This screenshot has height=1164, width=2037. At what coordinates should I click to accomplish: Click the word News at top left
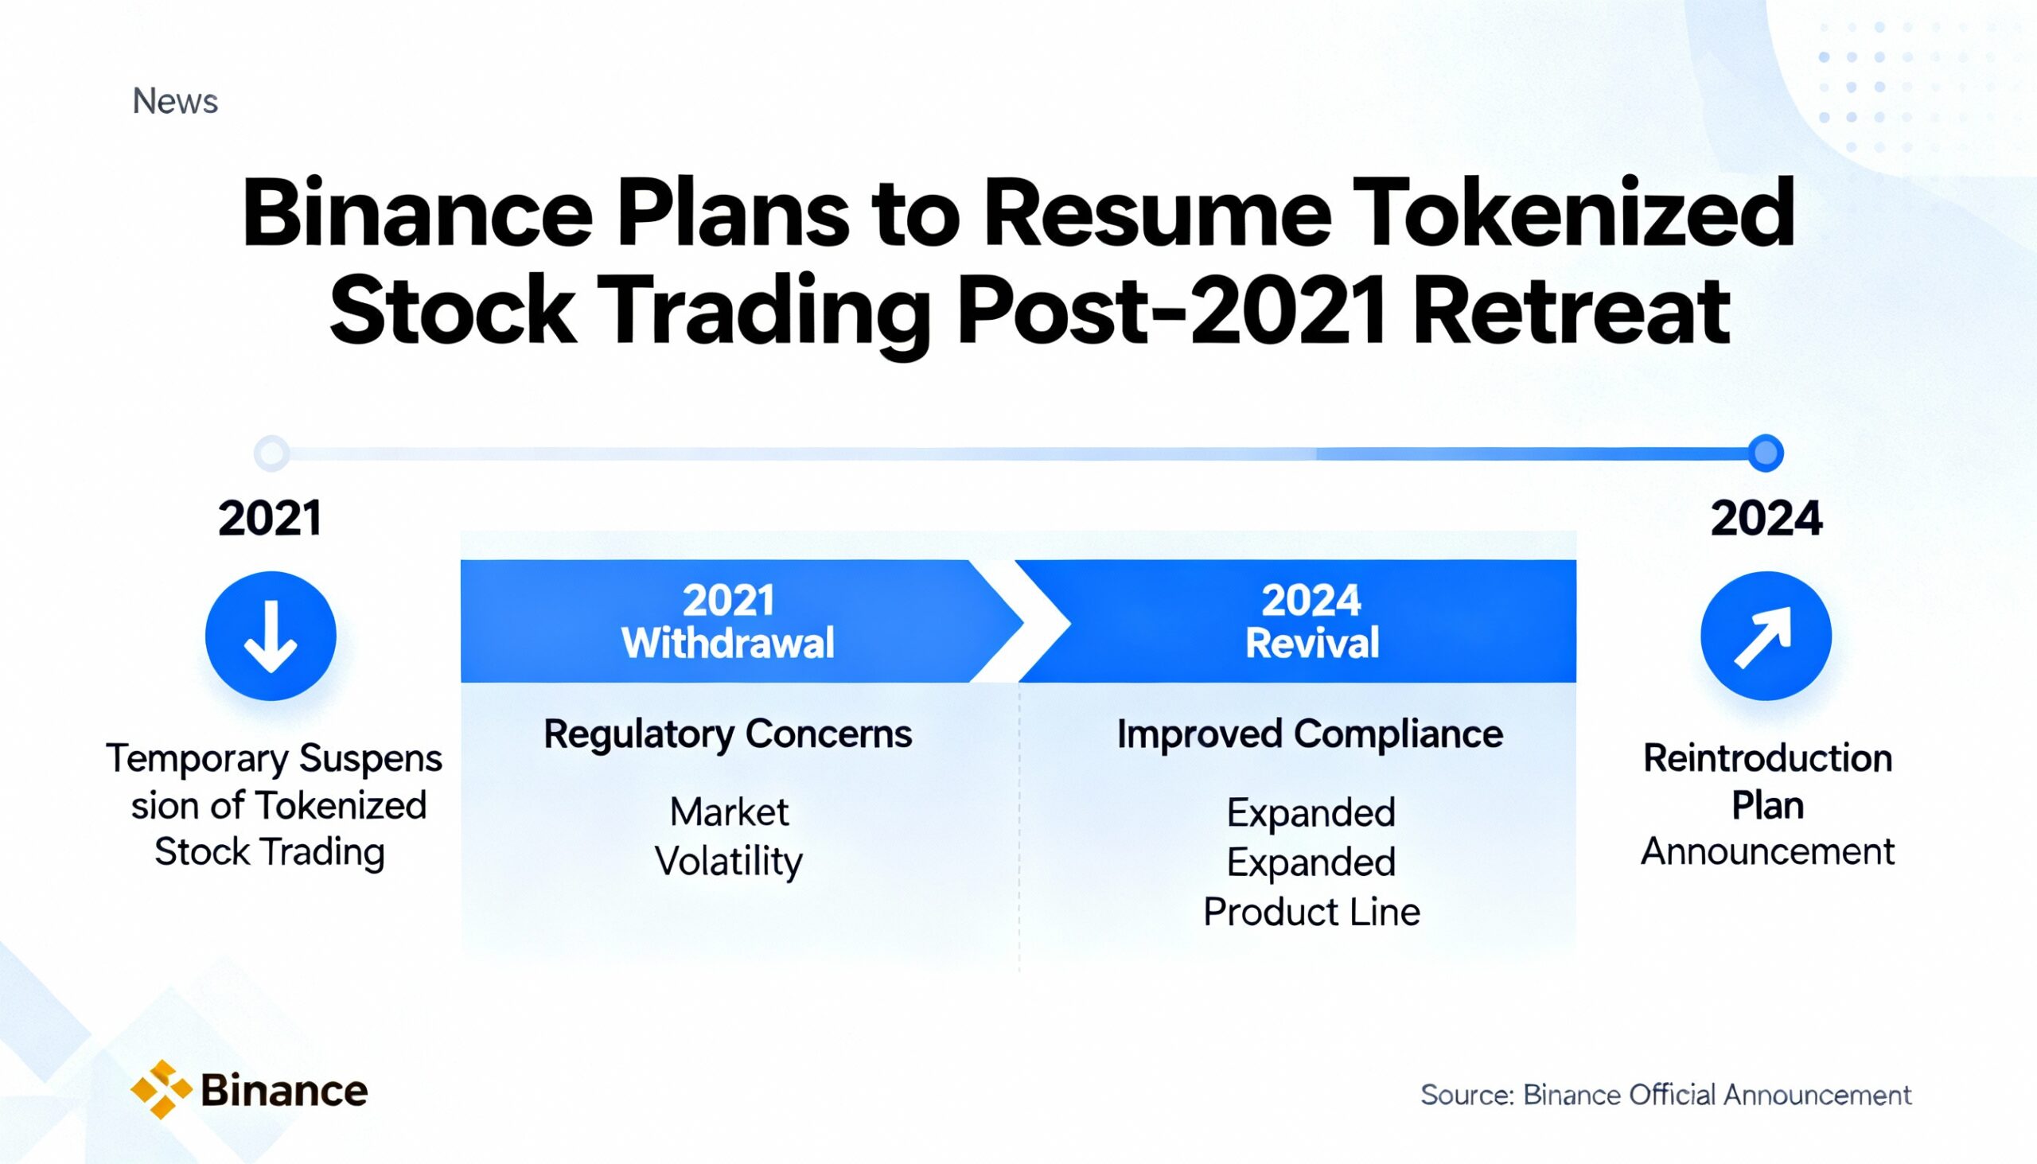175,102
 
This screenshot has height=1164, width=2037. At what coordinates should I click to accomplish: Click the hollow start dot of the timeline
271,454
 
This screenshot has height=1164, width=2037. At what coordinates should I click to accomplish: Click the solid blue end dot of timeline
1765,454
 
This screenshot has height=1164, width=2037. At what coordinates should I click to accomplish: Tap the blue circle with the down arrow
271,637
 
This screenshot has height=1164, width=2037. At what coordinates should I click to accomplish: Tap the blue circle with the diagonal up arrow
1765,637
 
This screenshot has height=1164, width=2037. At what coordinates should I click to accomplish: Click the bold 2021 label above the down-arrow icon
271,519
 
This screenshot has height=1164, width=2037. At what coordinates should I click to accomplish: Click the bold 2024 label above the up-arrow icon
1766,519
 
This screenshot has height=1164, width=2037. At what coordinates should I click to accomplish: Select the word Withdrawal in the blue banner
727,644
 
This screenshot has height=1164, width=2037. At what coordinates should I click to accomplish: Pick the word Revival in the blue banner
1312,644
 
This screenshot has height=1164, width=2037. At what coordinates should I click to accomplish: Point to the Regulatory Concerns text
727,734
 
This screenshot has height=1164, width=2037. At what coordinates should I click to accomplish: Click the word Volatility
728,862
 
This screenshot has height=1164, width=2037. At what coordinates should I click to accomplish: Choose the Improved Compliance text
1310,734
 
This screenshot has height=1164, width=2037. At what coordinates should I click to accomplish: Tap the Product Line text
1311,912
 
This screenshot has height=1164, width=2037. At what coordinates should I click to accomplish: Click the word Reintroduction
1767,759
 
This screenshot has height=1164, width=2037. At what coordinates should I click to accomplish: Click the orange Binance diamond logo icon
162,1089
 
